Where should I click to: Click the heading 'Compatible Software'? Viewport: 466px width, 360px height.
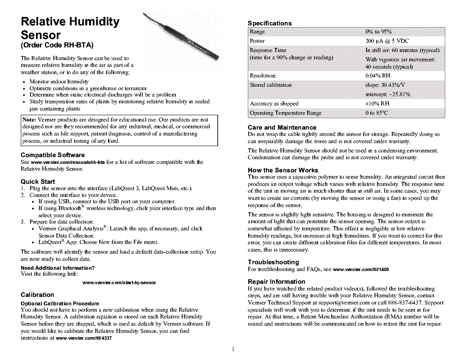(53, 155)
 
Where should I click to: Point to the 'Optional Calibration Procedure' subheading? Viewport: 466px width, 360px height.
(60, 303)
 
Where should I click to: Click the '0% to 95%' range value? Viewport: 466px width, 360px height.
(378, 32)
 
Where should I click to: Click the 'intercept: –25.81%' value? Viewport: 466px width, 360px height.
(388, 94)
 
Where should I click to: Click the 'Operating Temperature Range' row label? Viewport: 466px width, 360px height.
(286, 113)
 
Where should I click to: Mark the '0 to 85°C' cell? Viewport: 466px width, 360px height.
(377, 113)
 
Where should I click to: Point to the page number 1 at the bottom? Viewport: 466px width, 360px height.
(233, 349)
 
